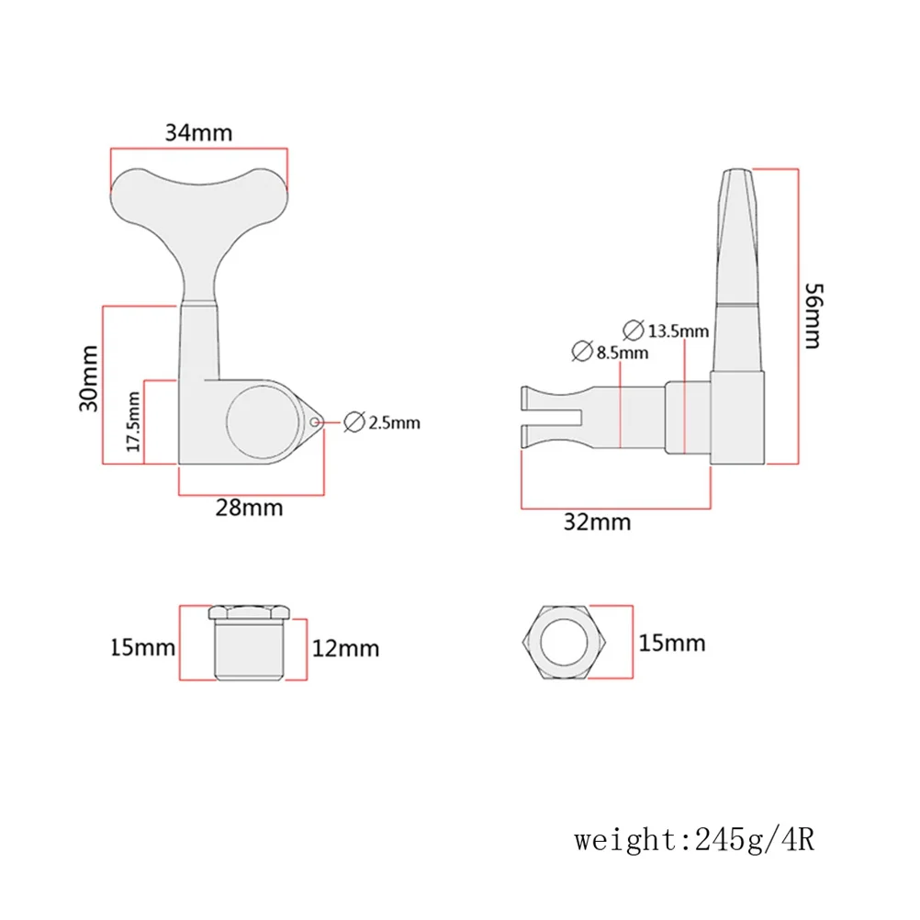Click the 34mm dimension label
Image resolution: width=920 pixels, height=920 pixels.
pyautogui.click(x=198, y=132)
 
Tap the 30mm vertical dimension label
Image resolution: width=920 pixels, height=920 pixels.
pyautogui.click(x=87, y=376)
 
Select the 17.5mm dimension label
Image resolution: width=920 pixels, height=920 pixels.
pyautogui.click(x=133, y=421)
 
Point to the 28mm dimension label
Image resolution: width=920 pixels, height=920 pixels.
pyautogui.click(x=249, y=507)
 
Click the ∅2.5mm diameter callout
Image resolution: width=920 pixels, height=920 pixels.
pyautogui.click(x=381, y=423)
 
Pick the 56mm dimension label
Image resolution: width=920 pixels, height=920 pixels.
pyautogui.click(x=812, y=315)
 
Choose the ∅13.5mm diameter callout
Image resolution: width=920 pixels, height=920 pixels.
pyautogui.click(x=666, y=330)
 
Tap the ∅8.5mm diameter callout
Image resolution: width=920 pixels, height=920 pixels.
pyautogui.click(x=610, y=351)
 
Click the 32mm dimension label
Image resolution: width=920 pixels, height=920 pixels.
pyautogui.click(x=599, y=522)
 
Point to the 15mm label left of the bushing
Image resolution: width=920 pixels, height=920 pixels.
pyautogui.click(x=141, y=647)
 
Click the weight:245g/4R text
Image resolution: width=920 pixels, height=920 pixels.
pyautogui.click(x=695, y=838)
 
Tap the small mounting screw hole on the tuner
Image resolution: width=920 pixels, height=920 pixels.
pyautogui.click(x=315, y=422)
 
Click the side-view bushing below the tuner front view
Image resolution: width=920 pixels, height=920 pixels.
pyautogui.click(x=249, y=643)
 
